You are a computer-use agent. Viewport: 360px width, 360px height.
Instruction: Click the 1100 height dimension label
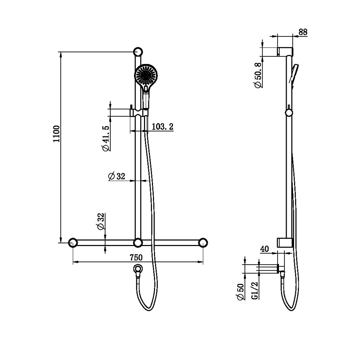pos(56,134)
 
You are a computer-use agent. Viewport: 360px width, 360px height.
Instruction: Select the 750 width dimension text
pos(136,257)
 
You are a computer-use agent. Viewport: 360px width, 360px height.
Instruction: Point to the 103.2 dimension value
pos(162,127)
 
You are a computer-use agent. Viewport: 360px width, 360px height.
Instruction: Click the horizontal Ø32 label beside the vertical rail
pos(117,176)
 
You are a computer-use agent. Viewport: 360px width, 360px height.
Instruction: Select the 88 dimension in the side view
pos(303,32)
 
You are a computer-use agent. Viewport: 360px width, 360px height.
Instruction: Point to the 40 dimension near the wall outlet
pos(264,249)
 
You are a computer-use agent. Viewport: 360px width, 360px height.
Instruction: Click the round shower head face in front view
pos(146,75)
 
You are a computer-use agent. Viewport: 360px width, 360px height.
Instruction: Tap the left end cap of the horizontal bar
pos(73,243)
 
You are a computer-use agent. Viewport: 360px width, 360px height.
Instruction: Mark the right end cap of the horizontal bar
pos(202,243)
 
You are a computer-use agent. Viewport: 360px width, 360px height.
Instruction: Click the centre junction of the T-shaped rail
pos(138,243)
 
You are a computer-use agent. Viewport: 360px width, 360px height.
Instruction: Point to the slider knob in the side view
pos(289,113)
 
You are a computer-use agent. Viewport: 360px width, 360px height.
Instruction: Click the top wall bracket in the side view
pos(285,52)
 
